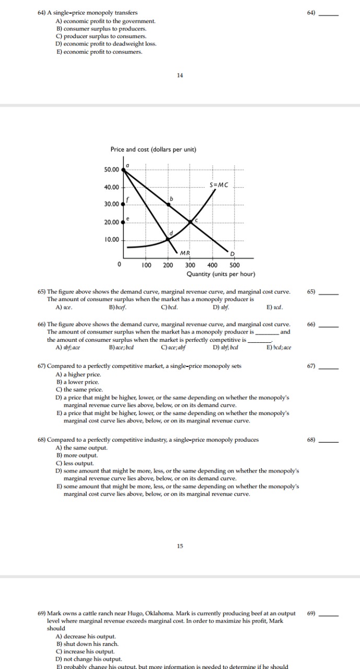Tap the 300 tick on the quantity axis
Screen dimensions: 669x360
click(190, 265)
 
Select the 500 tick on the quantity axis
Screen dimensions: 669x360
click(235, 265)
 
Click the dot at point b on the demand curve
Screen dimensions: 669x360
click(168, 204)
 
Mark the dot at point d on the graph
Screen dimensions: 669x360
click(168, 239)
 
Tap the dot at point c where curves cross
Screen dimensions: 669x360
click(190, 222)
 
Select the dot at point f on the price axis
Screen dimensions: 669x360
click(123, 204)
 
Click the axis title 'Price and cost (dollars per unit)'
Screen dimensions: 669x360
click(153, 149)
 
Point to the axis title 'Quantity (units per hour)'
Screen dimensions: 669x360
click(220, 274)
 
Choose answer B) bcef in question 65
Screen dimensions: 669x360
click(117, 307)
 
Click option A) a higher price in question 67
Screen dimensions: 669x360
click(78, 374)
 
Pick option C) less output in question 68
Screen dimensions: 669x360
click(75, 463)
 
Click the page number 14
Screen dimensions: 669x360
click(180, 75)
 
